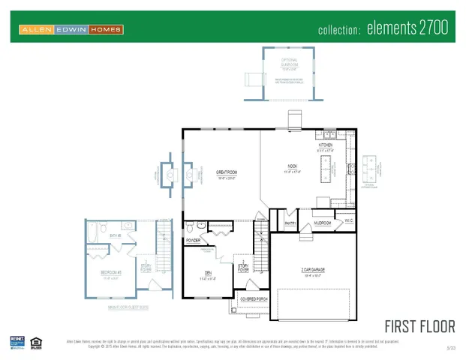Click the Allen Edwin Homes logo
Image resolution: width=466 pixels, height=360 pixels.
click(71, 29)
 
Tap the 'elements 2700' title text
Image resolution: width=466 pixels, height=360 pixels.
click(414, 29)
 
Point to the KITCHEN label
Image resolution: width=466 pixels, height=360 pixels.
click(326, 145)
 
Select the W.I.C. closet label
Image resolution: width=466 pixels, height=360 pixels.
click(348, 220)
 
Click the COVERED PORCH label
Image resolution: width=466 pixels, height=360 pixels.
click(253, 298)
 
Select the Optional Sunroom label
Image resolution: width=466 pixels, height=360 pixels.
click(290, 60)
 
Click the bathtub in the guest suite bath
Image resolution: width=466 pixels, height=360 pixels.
click(91, 238)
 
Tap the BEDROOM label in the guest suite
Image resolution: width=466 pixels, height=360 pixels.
click(112, 273)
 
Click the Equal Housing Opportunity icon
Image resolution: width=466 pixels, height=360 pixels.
click(36, 343)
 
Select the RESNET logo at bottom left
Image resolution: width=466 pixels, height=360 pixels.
click(17, 343)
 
